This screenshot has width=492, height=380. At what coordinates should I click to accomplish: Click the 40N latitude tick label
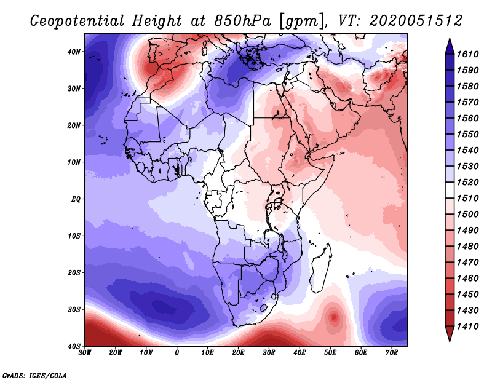(x=74, y=52)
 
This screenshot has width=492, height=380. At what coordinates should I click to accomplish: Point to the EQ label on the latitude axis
(x=76, y=199)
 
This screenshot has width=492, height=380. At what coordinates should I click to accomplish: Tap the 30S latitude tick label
(x=74, y=310)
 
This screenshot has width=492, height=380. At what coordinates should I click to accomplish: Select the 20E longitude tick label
(x=238, y=353)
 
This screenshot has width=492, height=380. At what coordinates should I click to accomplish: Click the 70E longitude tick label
(x=392, y=353)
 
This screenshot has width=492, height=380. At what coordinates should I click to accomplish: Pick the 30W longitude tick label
(x=85, y=353)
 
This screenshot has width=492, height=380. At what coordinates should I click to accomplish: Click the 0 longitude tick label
(x=177, y=353)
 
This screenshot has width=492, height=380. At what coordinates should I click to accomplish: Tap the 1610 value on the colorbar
(x=467, y=54)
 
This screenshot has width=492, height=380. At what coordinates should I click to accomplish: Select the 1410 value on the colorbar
(x=467, y=326)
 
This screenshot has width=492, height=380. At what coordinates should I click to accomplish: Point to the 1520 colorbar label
(x=467, y=182)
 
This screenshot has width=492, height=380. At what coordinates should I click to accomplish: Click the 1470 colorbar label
(x=467, y=262)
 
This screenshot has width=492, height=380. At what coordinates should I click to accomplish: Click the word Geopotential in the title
(x=77, y=22)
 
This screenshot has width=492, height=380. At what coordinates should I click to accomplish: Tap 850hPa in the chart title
(x=242, y=21)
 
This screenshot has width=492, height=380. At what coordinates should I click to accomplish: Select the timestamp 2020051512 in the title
(x=416, y=21)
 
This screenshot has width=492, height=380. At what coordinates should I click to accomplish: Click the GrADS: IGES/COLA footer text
(x=34, y=375)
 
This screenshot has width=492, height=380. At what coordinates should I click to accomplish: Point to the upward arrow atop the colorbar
(x=450, y=46)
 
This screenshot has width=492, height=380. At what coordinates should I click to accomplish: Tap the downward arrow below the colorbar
(x=450, y=334)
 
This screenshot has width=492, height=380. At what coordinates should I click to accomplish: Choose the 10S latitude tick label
(x=74, y=236)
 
